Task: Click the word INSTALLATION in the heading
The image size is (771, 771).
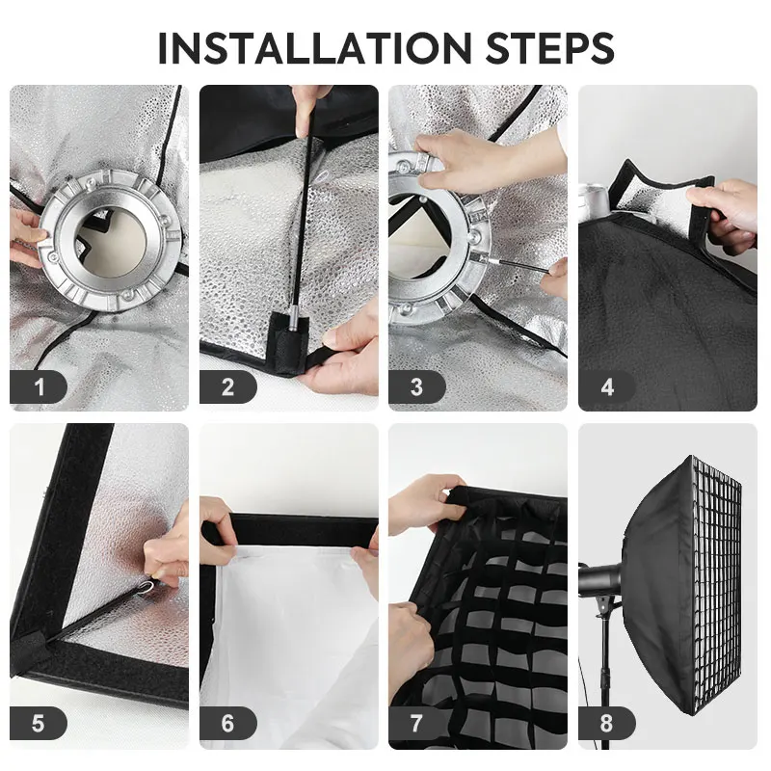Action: (315, 48)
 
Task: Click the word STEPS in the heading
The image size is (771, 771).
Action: (550, 48)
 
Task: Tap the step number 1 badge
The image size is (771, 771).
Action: (39, 387)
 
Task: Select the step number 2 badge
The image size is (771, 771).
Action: (228, 387)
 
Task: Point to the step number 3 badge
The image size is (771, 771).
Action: (417, 387)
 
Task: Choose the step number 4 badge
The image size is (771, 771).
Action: (607, 387)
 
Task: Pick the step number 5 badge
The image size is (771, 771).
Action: (39, 724)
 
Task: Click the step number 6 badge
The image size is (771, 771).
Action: (228, 724)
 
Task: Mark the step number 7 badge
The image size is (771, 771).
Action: (417, 724)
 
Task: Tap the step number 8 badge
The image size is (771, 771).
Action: (607, 724)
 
